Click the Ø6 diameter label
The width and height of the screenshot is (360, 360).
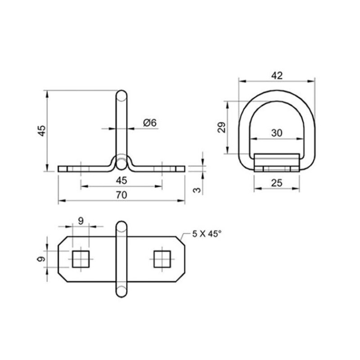pos(150,122)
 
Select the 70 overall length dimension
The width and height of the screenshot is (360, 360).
pos(121,195)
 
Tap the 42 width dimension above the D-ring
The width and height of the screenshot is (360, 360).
pos(277,76)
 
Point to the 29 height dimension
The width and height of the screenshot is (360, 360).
pos(222,127)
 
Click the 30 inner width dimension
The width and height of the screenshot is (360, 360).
pos(277,133)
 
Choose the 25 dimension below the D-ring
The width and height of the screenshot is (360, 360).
pos(277,183)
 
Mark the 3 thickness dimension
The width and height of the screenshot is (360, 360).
pos(197,190)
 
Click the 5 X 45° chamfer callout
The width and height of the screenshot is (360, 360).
pos(207,234)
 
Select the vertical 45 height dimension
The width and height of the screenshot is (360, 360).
pos(41,131)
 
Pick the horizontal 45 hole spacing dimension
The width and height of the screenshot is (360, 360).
pos(121,180)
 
